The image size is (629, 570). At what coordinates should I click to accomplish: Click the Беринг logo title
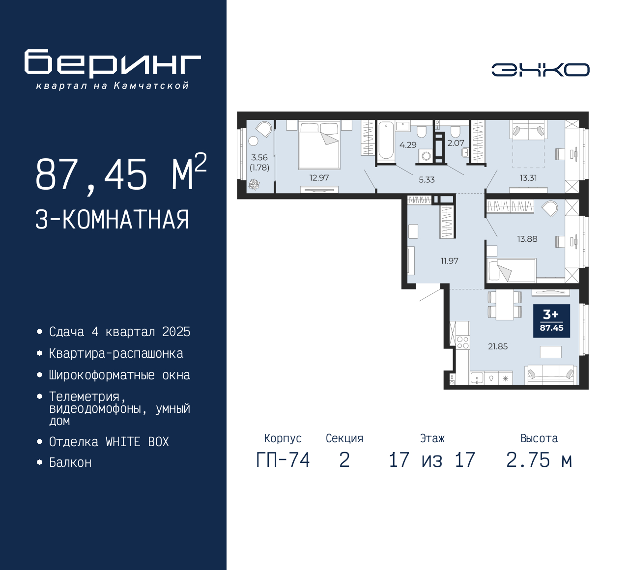pos(113,63)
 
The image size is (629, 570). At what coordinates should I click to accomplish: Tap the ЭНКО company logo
pos(540,70)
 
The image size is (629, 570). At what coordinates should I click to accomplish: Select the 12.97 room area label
pos(319,178)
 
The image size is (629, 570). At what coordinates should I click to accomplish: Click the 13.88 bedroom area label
pos(527,239)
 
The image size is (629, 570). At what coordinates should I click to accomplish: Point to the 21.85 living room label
pos(498,346)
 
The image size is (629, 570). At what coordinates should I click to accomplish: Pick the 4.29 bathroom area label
pos(408,145)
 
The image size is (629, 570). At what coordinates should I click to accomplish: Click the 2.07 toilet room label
pos(456,143)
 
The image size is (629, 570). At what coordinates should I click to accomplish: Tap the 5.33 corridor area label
pos(427,180)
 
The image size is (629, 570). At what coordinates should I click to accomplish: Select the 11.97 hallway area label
pos(449,261)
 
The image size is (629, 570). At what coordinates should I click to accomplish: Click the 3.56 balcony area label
pos(259,158)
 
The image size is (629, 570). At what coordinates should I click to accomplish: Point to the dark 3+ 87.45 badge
pos(551,321)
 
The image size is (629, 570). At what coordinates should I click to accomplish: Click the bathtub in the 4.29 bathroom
pos(386,141)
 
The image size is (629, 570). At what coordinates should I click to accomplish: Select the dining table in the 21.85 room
pos(505,305)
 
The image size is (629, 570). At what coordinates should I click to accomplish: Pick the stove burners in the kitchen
pos(463,342)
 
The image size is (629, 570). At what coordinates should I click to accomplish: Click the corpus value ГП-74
pos(283,460)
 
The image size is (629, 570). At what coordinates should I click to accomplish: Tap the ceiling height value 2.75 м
pos(539,460)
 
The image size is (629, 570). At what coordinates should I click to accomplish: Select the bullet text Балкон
pos(70,462)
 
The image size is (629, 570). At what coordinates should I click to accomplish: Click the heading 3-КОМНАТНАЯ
pos(113,219)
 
